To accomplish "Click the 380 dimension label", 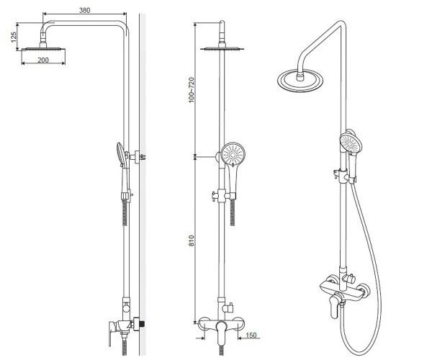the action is point(84,10).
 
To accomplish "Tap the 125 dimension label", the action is point(14,37).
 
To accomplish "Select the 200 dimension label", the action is point(43,60).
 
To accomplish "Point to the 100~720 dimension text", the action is point(192,90).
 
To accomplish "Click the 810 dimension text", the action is point(192,240).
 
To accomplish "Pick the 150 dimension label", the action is point(251,335).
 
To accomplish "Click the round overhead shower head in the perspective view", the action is point(300,80).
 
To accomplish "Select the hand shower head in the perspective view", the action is point(351,142).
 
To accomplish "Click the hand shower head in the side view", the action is point(120,153).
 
